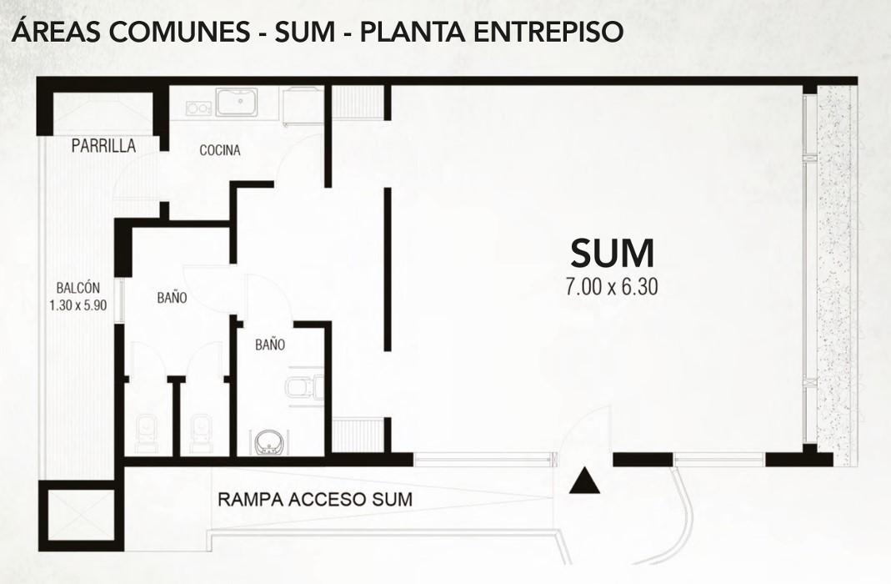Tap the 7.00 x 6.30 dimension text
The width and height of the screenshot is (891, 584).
click(612, 287)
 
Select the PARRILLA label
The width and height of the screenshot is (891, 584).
click(103, 146)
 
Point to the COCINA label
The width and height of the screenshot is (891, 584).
click(220, 150)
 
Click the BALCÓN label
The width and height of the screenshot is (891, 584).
click(78, 288)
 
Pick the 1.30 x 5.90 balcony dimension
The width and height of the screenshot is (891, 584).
click(78, 305)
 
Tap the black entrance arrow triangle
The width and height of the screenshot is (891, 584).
click(585, 481)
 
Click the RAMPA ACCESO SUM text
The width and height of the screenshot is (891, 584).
click(315, 499)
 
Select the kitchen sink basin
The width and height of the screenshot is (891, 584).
click(238, 103)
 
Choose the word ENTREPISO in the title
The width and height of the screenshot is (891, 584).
click(549, 32)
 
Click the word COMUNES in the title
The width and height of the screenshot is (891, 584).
click(178, 32)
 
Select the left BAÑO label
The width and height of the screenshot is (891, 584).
click(173, 297)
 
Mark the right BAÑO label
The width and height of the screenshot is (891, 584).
click(270, 345)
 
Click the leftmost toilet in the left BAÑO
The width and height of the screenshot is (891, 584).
click(147, 433)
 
